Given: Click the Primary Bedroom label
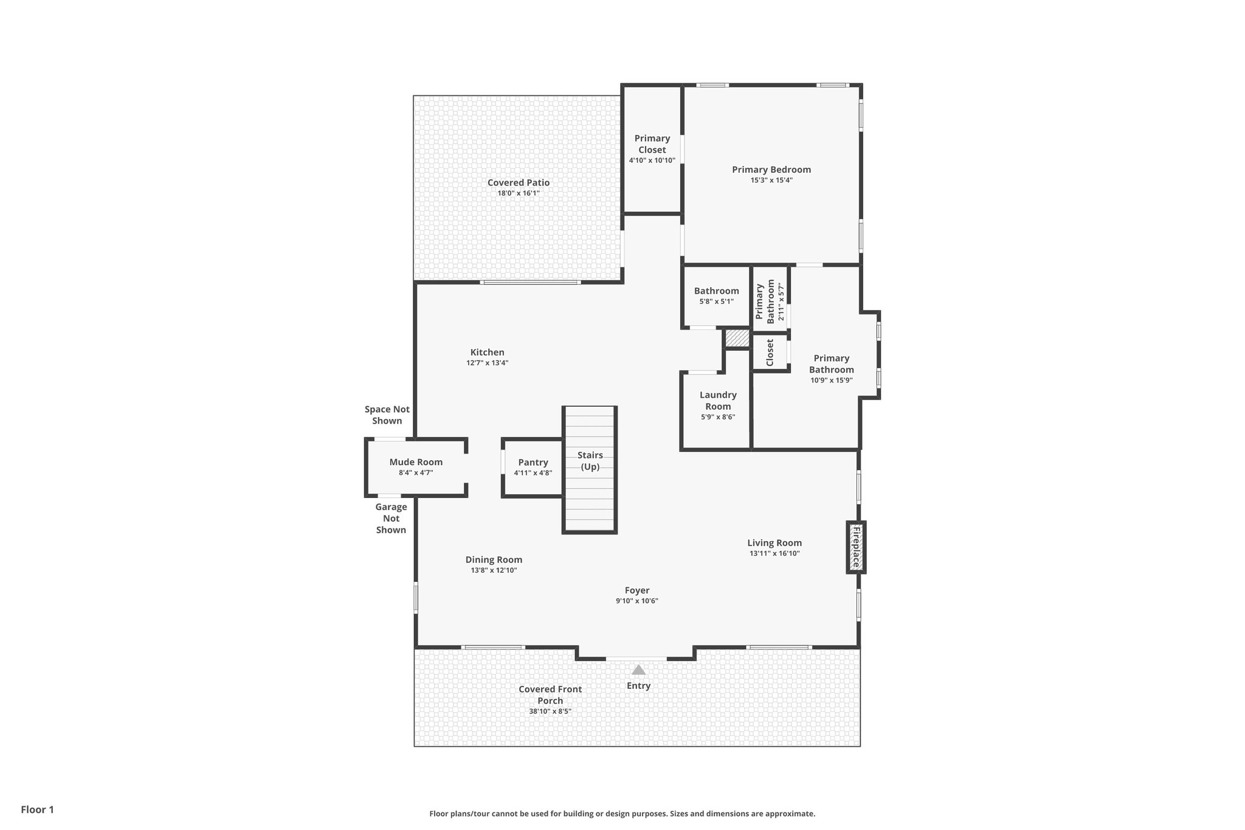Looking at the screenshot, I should tap(771, 170).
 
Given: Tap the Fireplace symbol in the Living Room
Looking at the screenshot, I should tap(856, 547).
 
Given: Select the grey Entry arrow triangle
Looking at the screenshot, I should tap(638, 670).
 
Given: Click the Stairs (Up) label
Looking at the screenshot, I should tap(590, 461).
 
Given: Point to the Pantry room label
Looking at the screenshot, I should tap(533, 463).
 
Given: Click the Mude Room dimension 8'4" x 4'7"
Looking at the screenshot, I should tap(416, 472).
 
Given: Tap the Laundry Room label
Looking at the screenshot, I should tap(718, 401).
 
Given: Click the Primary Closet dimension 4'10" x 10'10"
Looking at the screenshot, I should tap(652, 161).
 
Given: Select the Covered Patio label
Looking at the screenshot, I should tap(519, 182).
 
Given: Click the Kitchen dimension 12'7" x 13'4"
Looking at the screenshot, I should tap(487, 363).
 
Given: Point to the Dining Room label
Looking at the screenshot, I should tap(494, 560).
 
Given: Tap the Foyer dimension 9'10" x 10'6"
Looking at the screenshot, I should tap(636, 601).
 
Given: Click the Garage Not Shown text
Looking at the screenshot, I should tap(391, 518).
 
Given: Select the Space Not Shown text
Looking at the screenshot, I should tap(387, 415).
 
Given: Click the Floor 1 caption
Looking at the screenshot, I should tap(37, 809).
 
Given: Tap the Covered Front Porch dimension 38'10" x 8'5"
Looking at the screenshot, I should tap(550, 711).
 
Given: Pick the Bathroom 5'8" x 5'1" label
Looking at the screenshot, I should tap(716, 291).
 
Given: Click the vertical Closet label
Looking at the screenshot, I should tap(770, 353).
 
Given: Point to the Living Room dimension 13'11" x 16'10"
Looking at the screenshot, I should tap(774, 553).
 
